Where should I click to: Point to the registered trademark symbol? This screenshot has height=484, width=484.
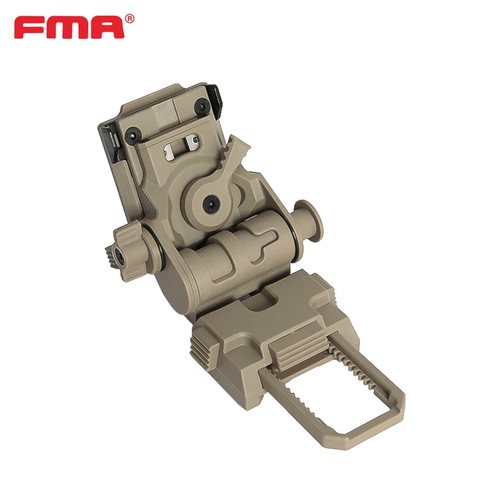coord(130,19)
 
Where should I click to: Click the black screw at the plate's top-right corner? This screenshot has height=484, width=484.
coord(201,107)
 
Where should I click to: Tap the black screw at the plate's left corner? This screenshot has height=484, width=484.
coord(133,135)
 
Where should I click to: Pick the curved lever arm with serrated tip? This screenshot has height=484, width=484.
coord(235,157)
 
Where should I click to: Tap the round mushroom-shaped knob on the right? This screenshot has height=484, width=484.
coord(307,220)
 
